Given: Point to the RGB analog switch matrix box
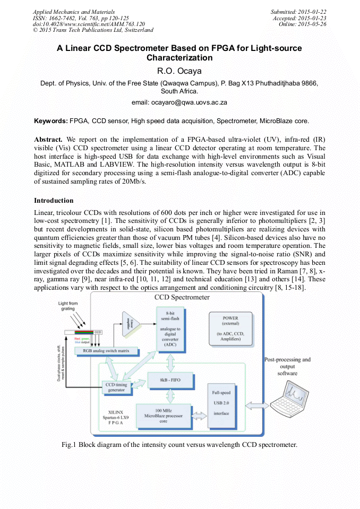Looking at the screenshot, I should tap(107, 351).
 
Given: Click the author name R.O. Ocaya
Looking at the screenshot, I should tap(179, 71).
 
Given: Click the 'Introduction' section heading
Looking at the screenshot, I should tap(54, 201).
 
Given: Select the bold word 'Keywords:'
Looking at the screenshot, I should tap(51, 122).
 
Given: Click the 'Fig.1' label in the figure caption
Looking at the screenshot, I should tap(70, 444).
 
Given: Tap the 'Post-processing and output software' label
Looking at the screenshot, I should tap(287, 366).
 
